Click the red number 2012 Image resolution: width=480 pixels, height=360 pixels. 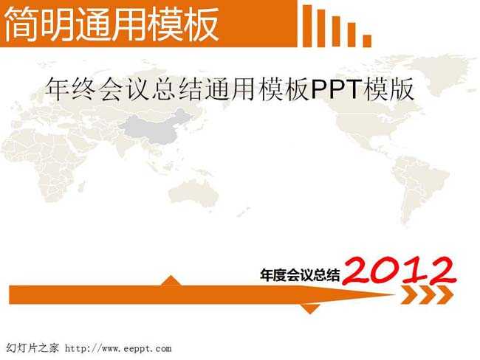(x=399, y=270)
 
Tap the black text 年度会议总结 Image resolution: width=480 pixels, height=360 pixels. (x=300, y=274)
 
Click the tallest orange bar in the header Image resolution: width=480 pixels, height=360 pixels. (x=307, y=26)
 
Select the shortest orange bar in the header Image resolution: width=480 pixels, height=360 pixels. (x=367, y=41)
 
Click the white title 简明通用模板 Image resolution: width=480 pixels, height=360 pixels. (x=112, y=24)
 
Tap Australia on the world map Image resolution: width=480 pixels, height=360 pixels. (x=193, y=193)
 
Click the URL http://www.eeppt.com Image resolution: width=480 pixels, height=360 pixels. (x=118, y=348)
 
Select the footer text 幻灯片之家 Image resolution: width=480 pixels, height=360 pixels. (x=32, y=348)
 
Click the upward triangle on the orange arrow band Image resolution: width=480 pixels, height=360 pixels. (x=171, y=280)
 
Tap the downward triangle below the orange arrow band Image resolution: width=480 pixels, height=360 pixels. (x=310, y=309)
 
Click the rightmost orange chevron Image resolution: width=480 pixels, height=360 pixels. (x=445, y=294)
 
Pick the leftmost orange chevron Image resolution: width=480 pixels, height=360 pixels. (x=410, y=294)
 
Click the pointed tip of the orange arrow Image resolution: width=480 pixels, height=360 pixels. (x=395, y=295)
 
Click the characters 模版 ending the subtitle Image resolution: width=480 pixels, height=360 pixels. (x=388, y=89)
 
